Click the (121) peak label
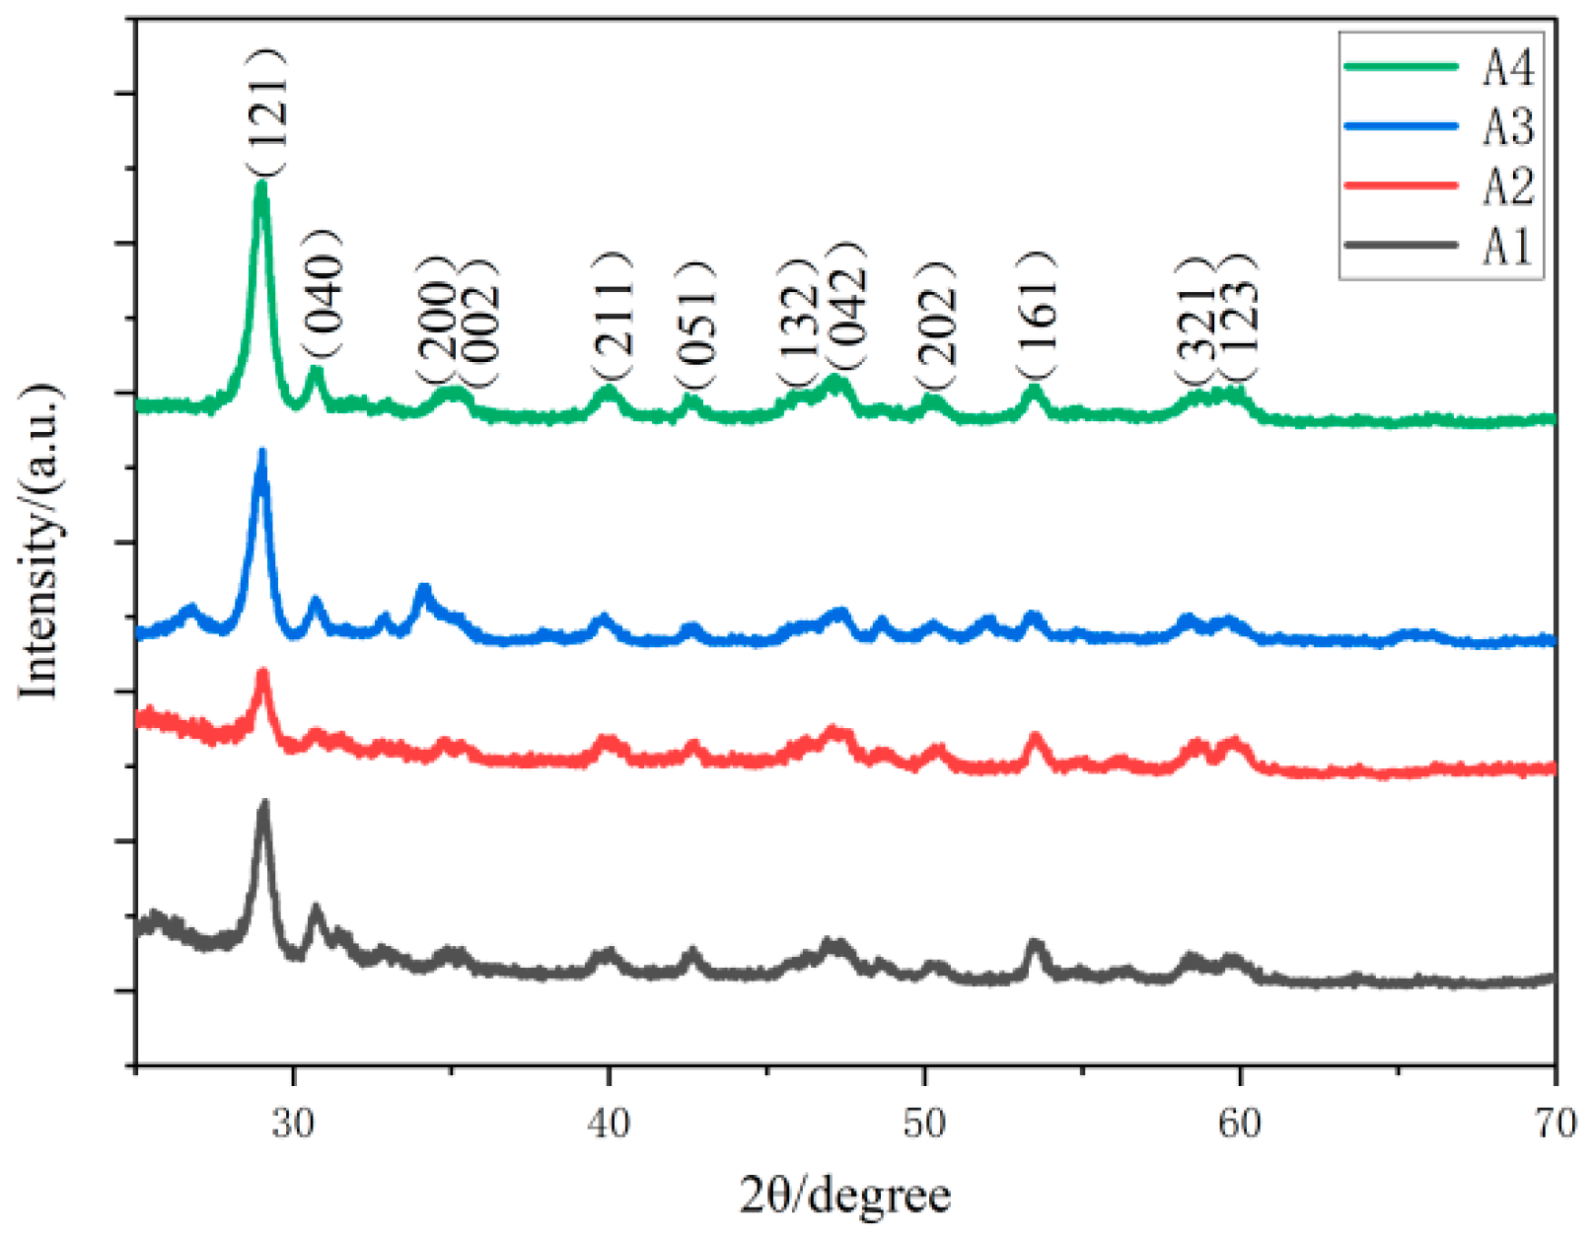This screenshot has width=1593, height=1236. point(267,111)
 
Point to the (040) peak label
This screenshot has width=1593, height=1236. point(323,293)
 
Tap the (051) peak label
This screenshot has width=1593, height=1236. point(695,326)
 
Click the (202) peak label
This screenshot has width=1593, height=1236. point(935,326)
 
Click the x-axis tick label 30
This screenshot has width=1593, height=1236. point(293,1124)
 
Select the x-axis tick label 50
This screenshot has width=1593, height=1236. point(924,1124)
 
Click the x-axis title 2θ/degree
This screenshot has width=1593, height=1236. point(845,1196)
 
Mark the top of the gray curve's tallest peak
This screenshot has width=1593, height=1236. point(263,804)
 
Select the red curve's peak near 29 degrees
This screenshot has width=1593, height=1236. point(263,673)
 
